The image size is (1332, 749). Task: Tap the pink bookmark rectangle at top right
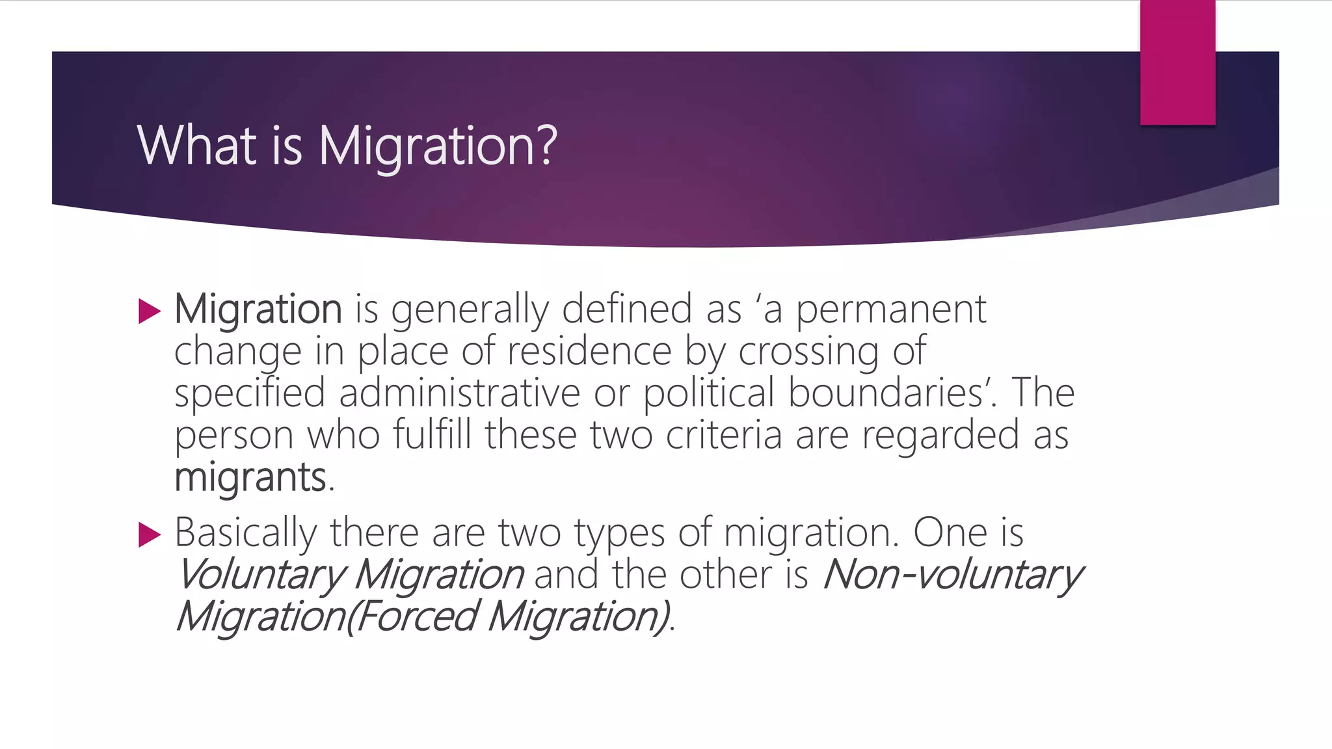pyautogui.click(x=1177, y=62)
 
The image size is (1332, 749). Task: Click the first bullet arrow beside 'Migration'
pyautogui.click(x=150, y=311)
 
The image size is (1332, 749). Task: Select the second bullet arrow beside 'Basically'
pyautogui.click(x=150, y=535)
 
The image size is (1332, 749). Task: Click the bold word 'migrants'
pyautogui.click(x=250, y=477)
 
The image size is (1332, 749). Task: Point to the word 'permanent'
pyautogui.click(x=891, y=309)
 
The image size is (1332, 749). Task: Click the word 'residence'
pyautogui.click(x=589, y=351)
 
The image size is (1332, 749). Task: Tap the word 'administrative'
pyautogui.click(x=459, y=393)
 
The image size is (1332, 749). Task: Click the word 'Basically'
pyautogui.click(x=246, y=532)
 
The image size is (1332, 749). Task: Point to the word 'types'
pyautogui.click(x=620, y=532)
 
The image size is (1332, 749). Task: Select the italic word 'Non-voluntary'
pyautogui.click(x=952, y=575)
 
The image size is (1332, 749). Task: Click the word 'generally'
pyautogui.click(x=470, y=309)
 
